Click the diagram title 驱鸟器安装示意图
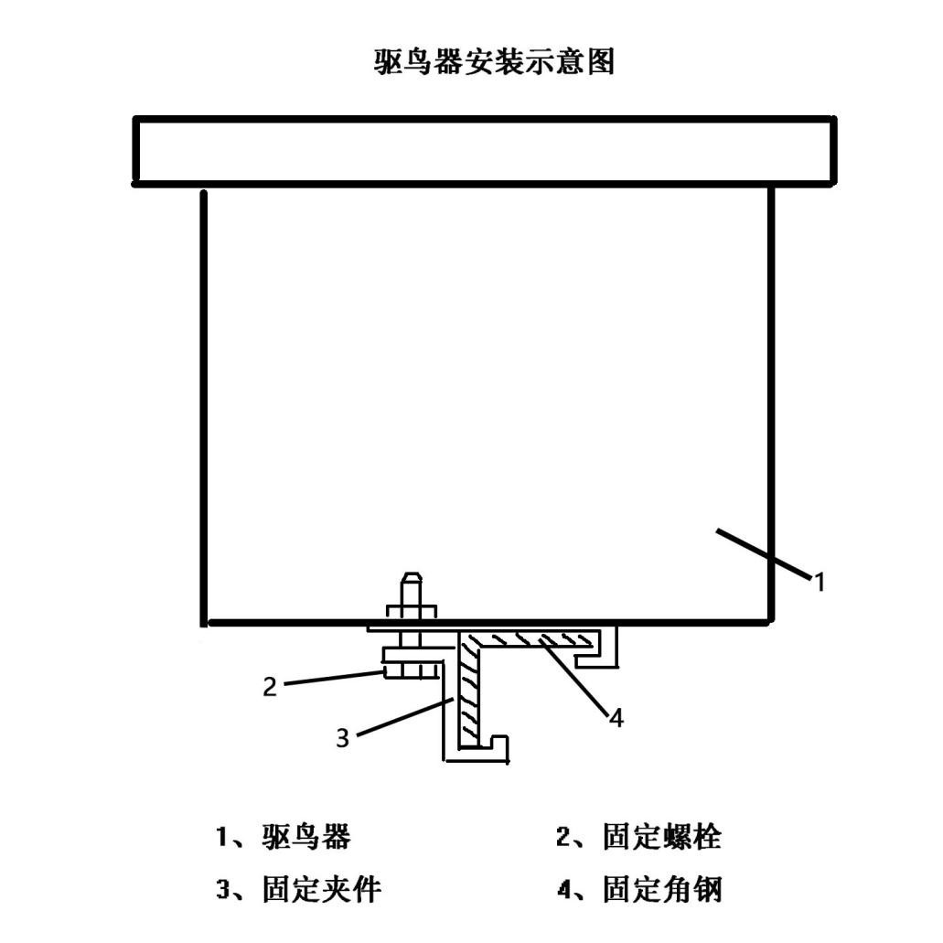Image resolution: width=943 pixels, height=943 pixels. (494, 62)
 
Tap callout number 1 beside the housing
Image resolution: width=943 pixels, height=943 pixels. (819, 582)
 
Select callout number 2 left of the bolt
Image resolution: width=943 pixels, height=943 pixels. (270, 686)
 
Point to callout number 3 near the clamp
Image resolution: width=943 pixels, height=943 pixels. (342, 738)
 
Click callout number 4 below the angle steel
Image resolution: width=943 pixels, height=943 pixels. (616, 717)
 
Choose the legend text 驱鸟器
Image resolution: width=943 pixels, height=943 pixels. (306, 837)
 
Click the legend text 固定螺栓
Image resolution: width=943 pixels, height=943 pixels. (662, 837)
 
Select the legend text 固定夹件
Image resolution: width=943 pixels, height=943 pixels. (322, 889)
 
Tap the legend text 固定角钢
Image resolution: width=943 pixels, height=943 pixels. (662, 889)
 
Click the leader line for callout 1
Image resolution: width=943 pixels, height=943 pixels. (763, 554)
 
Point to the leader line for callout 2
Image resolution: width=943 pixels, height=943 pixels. (333, 678)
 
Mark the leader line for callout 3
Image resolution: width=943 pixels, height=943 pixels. (405, 717)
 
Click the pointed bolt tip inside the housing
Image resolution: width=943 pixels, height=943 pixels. (412, 576)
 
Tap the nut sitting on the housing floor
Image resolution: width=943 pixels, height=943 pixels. (412, 612)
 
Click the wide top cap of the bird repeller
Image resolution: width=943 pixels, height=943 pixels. (484, 151)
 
